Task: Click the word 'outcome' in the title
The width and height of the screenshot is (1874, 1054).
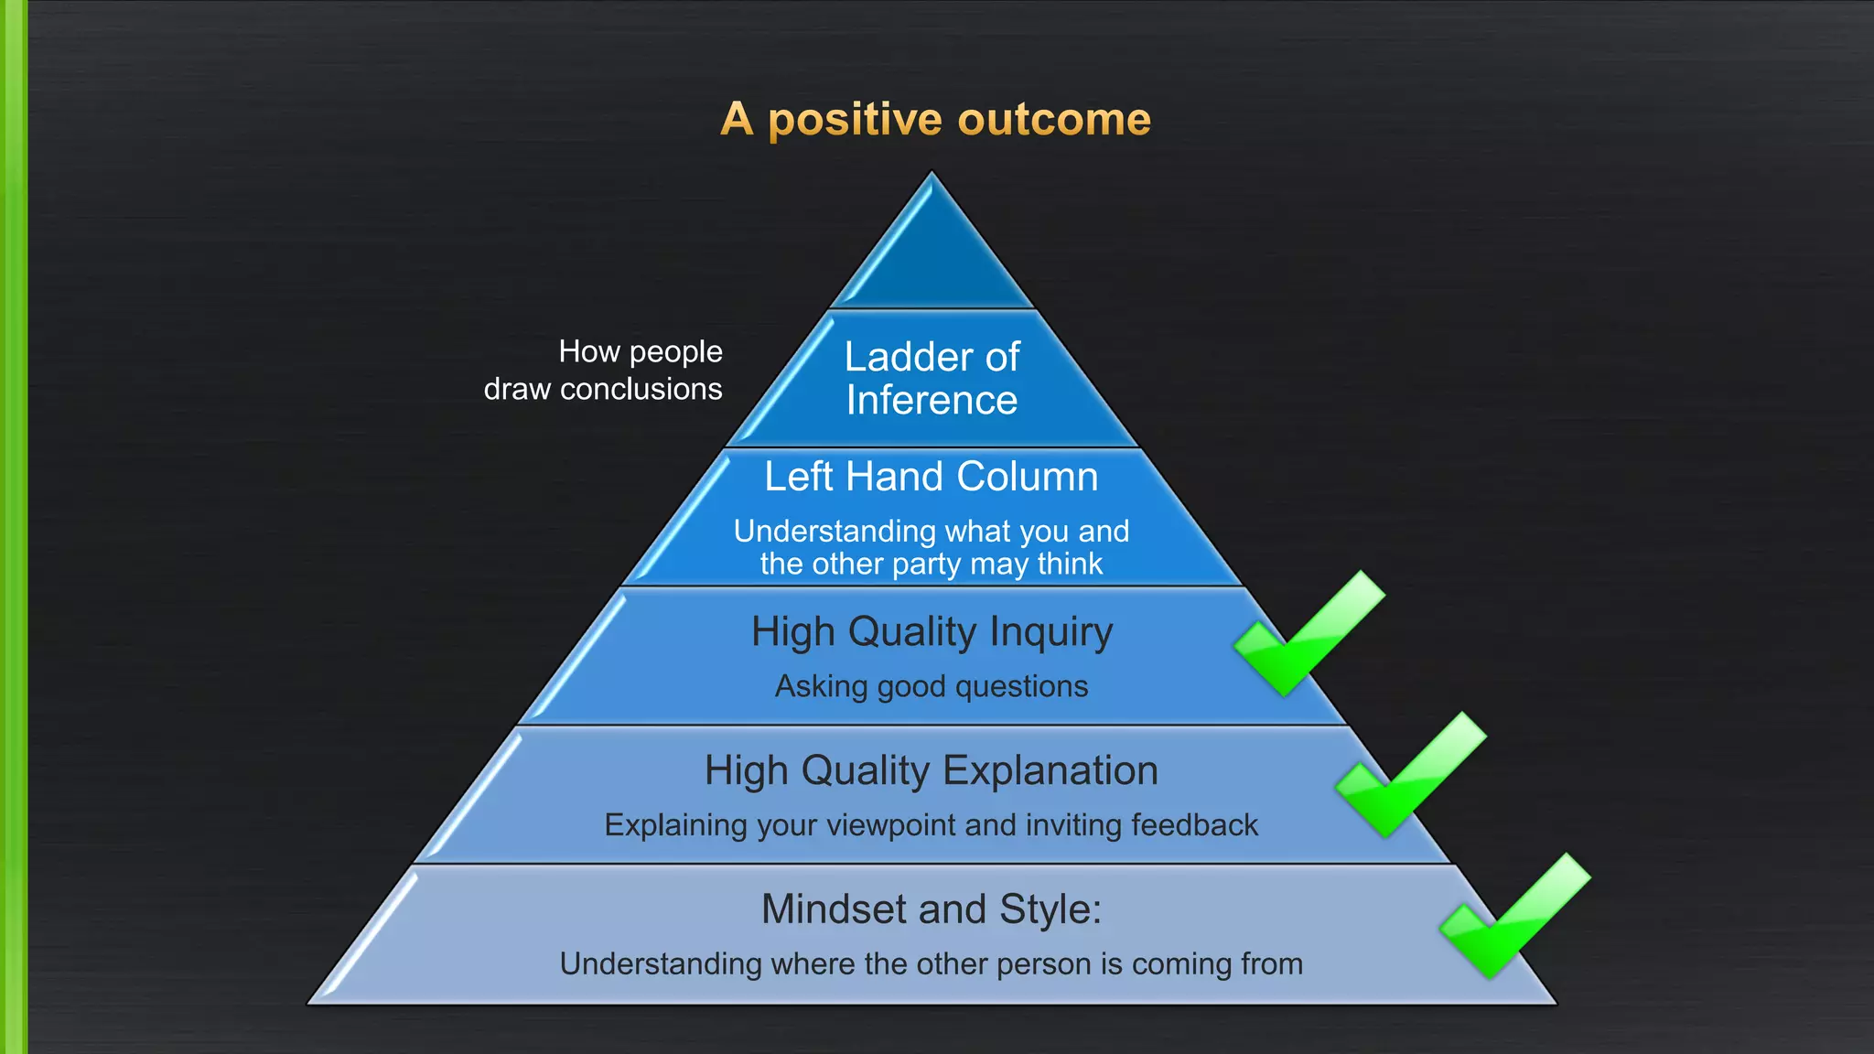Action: [x=1054, y=120]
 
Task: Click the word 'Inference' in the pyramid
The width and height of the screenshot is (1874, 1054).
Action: [x=932, y=401]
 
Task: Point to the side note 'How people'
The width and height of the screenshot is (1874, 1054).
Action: [x=641, y=351]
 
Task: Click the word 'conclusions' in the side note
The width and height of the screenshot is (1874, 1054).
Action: [x=641, y=390]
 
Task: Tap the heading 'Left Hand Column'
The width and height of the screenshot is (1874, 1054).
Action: [x=932, y=477]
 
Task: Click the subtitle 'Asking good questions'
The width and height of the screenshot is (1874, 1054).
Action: [x=932, y=686]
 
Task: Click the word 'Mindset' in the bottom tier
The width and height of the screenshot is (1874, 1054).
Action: [x=834, y=909]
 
